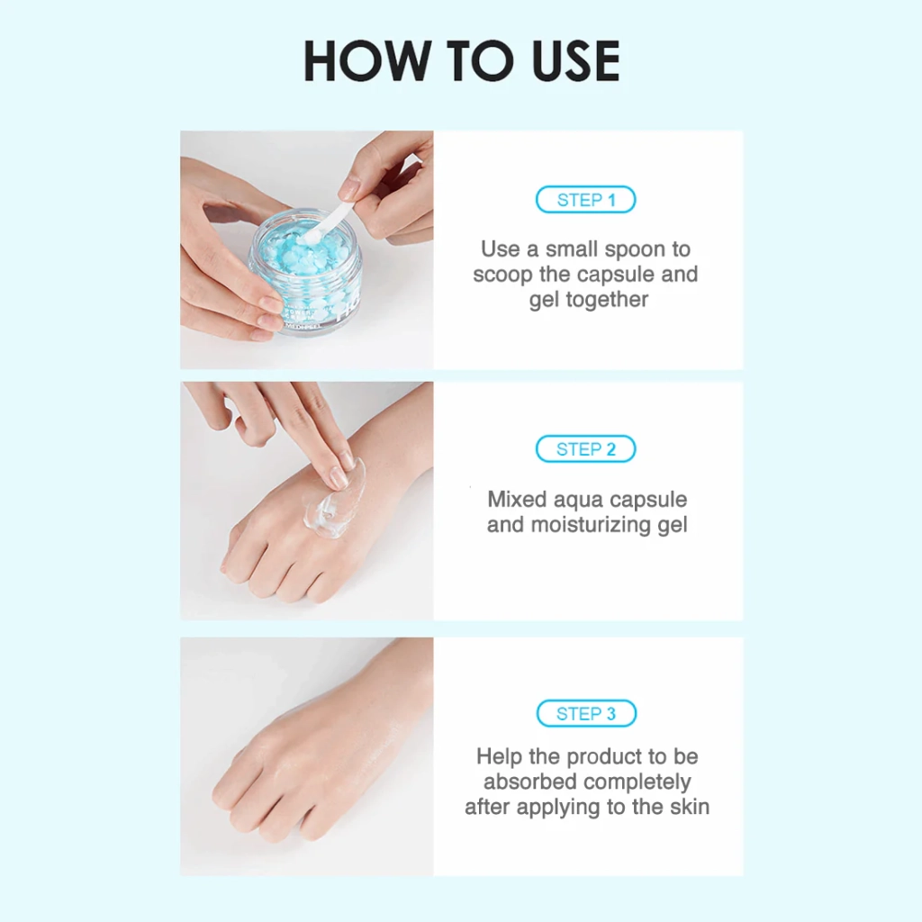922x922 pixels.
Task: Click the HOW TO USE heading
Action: tap(462, 60)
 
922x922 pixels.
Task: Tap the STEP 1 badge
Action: tap(585, 200)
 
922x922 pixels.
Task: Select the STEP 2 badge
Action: tap(585, 449)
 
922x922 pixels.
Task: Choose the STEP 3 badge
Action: tap(586, 714)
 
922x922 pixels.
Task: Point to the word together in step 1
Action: tap(607, 300)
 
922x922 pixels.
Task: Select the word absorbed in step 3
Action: tap(529, 782)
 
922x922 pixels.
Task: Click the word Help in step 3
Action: tap(499, 756)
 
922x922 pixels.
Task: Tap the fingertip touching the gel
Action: tap(338, 476)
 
